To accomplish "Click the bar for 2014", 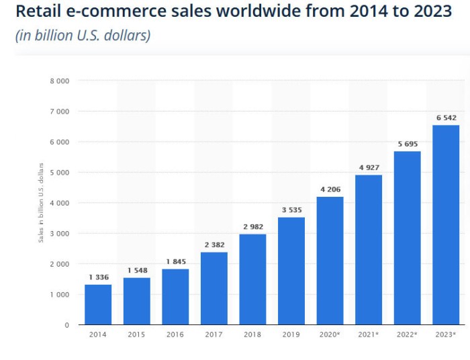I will [x=98, y=305].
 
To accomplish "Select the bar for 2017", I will [x=214, y=289].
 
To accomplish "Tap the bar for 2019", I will [x=291, y=271].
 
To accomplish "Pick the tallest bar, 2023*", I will [x=446, y=225].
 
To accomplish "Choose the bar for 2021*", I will [x=369, y=250].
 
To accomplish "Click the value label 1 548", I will [x=137, y=271].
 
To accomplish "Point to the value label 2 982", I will [x=252, y=226].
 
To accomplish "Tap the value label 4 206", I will [x=330, y=189].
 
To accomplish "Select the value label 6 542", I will [x=446, y=118].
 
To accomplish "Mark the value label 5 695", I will [x=408, y=144].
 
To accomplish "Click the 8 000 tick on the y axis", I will [x=59, y=81].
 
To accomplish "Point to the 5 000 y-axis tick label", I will [x=59, y=173].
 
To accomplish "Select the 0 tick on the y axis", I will [x=66, y=325].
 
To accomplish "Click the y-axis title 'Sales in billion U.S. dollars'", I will [x=41, y=202].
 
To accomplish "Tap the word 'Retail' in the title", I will [x=38, y=12].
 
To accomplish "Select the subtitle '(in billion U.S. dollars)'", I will [x=83, y=35].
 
